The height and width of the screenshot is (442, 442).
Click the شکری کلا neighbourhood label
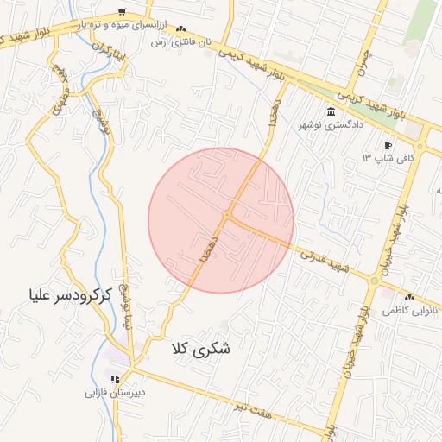click(x=203, y=349)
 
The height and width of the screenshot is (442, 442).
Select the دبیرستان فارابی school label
click(x=114, y=391)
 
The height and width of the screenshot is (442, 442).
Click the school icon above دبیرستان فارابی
click(x=114, y=378)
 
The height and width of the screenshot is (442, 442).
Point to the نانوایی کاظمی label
click(x=410, y=308)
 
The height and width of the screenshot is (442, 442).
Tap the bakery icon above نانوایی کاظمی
click(x=409, y=296)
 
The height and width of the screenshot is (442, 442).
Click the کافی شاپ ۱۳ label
click(x=388, y=158)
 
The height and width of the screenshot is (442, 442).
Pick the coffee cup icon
click(x=388, y=145)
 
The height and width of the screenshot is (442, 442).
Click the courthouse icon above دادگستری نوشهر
click(x=331, y=111)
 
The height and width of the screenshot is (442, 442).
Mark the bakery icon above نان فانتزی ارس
click(x=180, y=29)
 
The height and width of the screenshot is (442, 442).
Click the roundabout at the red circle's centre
click(x=227, y=215)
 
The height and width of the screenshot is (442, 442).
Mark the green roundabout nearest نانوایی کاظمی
click(x=375, y=281)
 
